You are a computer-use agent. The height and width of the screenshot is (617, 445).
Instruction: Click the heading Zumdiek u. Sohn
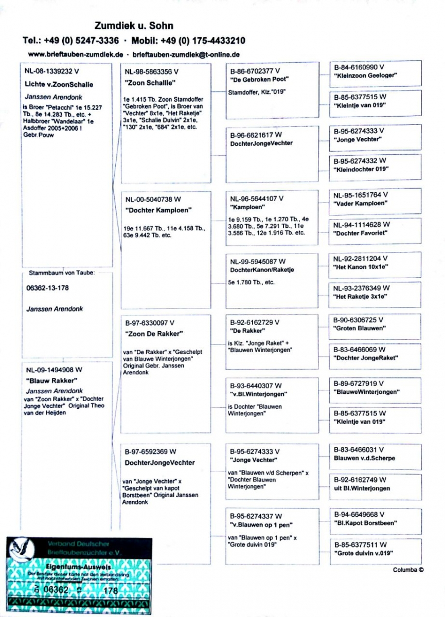coord(134,25)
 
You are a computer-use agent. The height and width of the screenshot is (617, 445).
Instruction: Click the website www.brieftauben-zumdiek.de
coord(75,54)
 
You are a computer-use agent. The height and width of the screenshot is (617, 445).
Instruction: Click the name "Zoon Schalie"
coord(151,82)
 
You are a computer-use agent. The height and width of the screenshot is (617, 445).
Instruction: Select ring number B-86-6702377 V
coord(255,70)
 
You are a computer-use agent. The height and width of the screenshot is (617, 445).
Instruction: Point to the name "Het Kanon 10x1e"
coord(361,267)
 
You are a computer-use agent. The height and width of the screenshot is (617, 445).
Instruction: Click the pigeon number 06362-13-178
coord(47,288)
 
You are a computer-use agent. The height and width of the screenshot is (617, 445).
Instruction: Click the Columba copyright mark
coord(408,569)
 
